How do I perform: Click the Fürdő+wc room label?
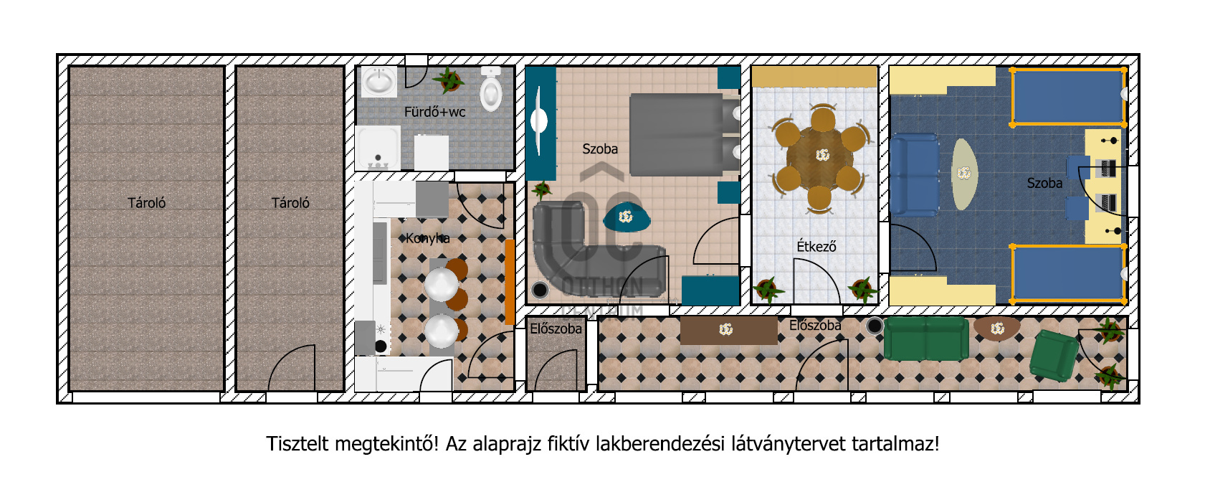(434, 112)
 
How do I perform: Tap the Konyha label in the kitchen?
(428, 238)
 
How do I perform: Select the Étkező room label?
(816, 247)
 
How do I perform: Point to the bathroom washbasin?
(378, 82)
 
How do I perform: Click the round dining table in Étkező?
(820, 156)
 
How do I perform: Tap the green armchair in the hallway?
(1053, 356)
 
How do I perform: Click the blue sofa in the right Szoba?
(914, 175)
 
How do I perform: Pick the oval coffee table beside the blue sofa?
(965, 174)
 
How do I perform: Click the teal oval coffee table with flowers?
(627, 217)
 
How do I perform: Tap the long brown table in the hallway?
(729, 330)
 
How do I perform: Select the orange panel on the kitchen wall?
(510, 282)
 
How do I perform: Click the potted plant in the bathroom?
(449, 80)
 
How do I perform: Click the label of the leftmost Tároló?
(146, 203)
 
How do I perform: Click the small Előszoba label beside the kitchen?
(556, 329)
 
